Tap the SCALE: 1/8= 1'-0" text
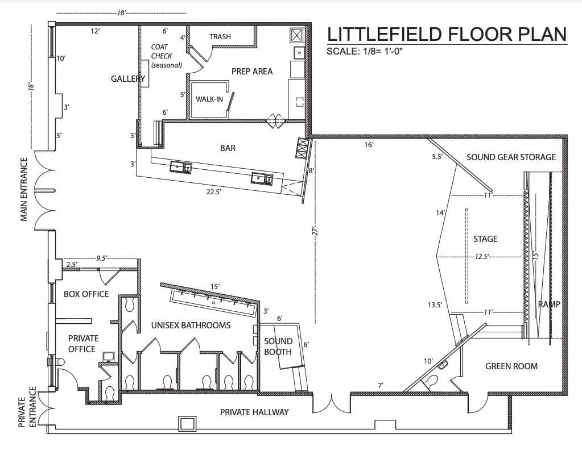coord(368,51)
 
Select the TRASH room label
coord(220,36)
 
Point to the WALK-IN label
coord(209,99)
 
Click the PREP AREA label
coord(252,71)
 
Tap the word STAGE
coord(485,239)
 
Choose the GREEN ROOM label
coord(511,366)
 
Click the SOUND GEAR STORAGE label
coord(511,157)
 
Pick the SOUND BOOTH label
coord(278,347)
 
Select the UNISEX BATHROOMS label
coord(191,325)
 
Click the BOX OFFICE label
coord(86,294)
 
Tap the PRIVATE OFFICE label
coord(83,343)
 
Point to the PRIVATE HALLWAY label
coord(254,412)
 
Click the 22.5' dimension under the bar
coord(214,192)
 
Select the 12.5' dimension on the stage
coord(482,256)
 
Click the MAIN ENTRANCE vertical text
coord(24,189)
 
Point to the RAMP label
coord(549,304)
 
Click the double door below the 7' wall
coord(331,404)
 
